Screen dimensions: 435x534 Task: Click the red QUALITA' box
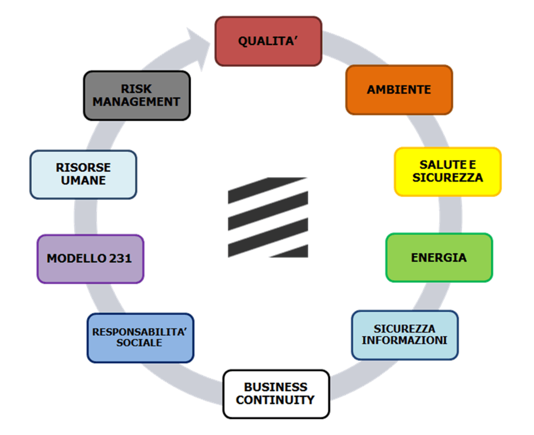[268, 41]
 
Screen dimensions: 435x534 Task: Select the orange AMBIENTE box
[399, 89]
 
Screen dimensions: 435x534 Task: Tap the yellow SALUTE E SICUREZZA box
[448, 172]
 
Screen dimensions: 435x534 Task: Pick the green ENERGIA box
[439, 258]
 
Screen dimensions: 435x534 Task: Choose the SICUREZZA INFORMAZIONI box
[404, 335]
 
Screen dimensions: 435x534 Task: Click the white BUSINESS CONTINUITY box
[276, 394]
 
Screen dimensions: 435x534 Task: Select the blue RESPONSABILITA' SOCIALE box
[140, 338]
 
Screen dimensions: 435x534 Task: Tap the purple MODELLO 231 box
[90, 259]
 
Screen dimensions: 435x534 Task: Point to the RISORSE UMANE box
[83, 174]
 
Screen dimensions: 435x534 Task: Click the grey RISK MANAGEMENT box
[136, 96]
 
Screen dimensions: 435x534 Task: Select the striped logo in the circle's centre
[268, 217]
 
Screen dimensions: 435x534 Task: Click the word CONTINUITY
[275, 400]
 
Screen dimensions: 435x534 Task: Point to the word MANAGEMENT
[136, 102]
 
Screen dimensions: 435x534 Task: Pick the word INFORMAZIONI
[404, 341]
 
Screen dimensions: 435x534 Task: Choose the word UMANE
[83, 181]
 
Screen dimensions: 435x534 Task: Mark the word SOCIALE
[140, 343]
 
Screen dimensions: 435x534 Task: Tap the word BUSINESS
[275, 387]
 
